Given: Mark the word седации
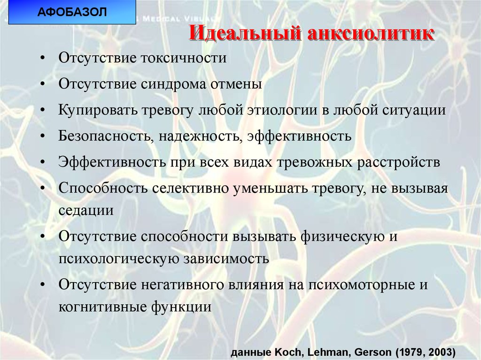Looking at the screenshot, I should [86, 210].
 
